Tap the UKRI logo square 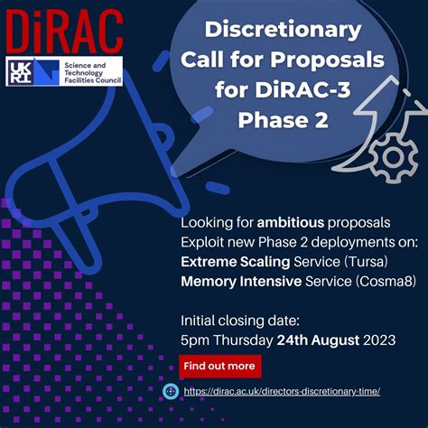(22, 72)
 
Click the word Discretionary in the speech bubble (283, 29)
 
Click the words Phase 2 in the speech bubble (282, 119)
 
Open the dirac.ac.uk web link (282, 391)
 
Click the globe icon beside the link (170, 391)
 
